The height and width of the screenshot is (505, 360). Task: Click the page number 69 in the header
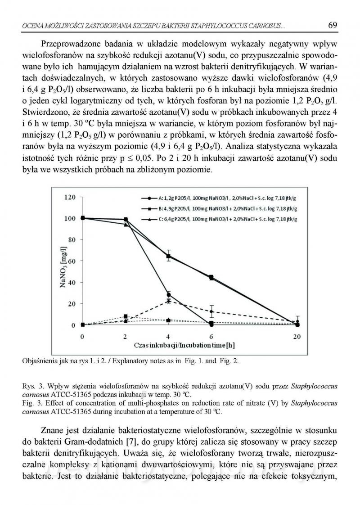333,25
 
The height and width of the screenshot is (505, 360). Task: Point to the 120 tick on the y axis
69,197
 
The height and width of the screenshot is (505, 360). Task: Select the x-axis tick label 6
211,336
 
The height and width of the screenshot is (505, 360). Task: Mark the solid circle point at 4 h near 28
168,295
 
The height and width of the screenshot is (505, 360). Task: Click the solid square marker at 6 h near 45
211,277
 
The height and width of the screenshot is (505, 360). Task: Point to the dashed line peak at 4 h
168,301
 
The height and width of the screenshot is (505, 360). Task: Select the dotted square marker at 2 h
126,316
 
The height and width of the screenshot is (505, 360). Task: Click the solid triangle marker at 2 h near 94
126,224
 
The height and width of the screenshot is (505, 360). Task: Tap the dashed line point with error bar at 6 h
211,311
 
